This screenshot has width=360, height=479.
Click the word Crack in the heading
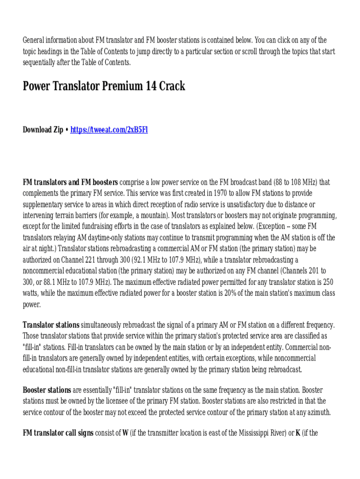point(172,87)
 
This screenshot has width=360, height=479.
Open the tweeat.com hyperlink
point(109,130)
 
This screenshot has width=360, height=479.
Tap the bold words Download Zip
point(43,130)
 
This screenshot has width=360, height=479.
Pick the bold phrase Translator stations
point(51,325)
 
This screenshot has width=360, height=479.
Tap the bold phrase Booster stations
point(47,390)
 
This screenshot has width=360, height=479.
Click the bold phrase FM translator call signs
point(58,433)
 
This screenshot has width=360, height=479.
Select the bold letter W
point(125,433)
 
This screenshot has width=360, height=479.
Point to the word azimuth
point(316,412)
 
